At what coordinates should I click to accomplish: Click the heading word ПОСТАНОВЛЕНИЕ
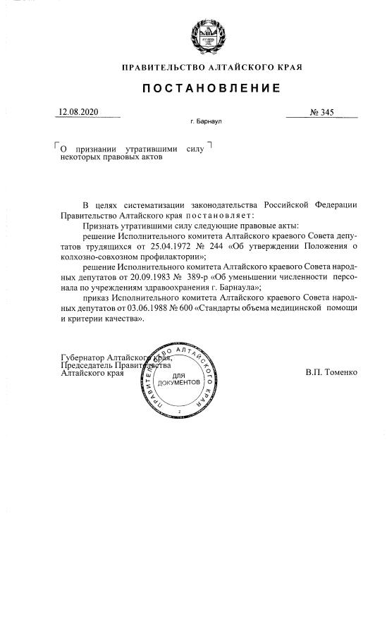pos(212,88)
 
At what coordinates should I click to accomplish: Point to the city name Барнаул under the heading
pos(209,122)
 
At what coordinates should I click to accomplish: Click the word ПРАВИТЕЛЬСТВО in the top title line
pos(159,68)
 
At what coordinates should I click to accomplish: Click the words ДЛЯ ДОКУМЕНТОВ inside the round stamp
pos(178,379)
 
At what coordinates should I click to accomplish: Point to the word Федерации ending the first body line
pos(333,204)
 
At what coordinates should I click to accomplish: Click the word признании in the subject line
pos(96,149)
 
